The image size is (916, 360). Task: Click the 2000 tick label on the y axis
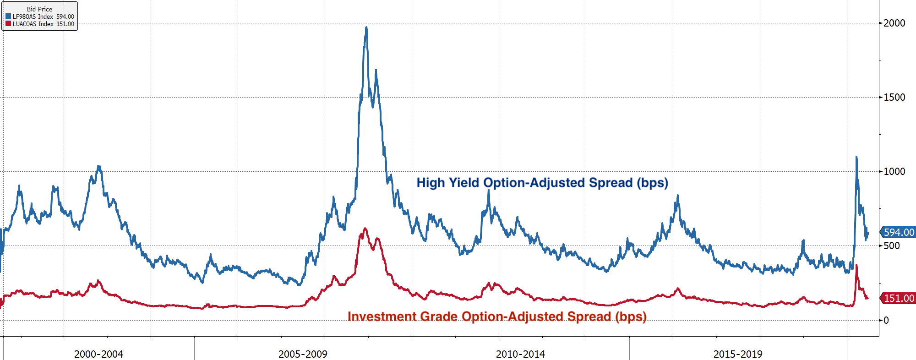point(894,23)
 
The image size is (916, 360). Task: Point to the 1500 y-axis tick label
point(894,97)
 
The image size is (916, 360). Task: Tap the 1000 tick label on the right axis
point(894,171)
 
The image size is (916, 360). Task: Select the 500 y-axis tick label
point(891,245)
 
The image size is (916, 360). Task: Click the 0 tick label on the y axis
point(886,320)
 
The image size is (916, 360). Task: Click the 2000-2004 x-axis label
point(98,354)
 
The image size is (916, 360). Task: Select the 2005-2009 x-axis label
point(303,354)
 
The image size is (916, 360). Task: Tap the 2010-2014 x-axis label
point(520,354)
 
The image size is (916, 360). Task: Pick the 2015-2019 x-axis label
point(738,354)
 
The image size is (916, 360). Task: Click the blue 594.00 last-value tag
point(898,232)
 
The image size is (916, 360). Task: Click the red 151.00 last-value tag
point(898,298)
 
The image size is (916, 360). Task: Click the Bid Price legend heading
point(39,9)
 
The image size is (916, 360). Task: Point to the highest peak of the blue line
point(366,27)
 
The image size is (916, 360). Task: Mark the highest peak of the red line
point(365,228)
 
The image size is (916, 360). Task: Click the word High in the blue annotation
point(431,183)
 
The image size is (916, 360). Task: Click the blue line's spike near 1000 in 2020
point(856,157)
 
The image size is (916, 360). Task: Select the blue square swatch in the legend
point(8,16)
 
